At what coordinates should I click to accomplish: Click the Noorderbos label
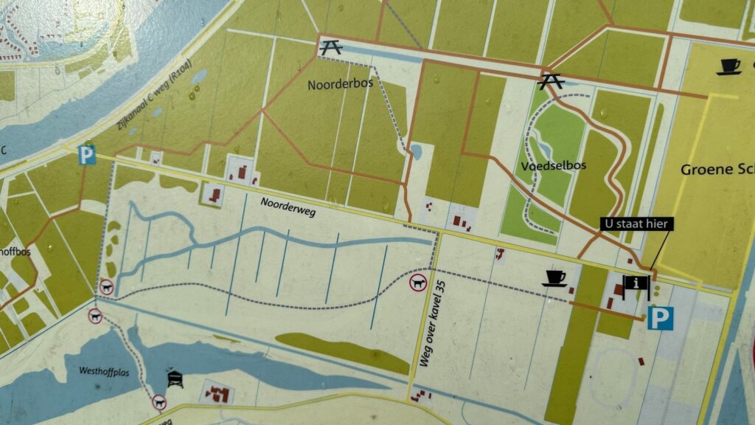341,84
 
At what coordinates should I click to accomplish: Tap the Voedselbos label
552,165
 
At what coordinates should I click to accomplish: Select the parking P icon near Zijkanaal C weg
87,155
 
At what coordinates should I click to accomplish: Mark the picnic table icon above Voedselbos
551,80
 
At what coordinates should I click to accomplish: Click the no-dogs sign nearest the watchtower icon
159,403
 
